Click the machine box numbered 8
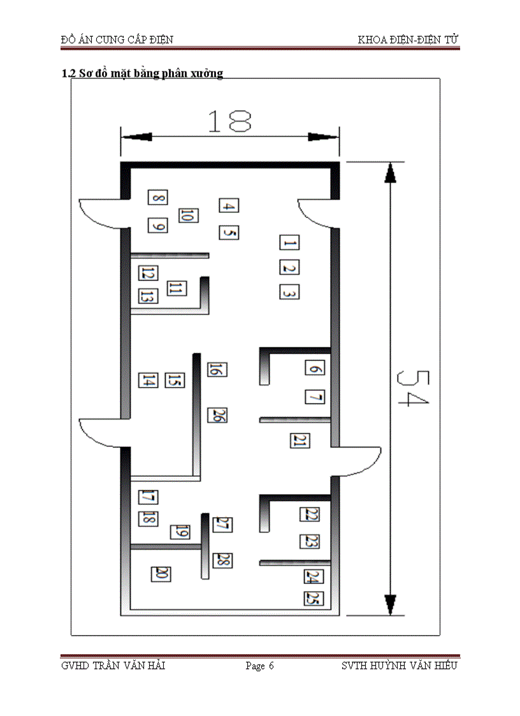pos(157,197)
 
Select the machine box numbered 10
pos(188,215)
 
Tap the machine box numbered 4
pos(229,205)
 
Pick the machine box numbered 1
pos(289,242)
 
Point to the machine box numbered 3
pos(289,292)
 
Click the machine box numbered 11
pos(177,288)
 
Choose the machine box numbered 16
pos(217,369)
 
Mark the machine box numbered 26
pos(217,415)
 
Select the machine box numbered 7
pos(315,397)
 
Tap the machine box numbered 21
pos(300,441)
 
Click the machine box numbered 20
pos(161,574)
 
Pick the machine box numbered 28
pos(222,560)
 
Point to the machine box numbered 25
pos(314,598)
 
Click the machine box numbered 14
pos(148,380)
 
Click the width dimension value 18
pos(229,122)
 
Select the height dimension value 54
pos(413,388)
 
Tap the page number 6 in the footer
pos(271,666)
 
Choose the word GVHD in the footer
pos(75,666)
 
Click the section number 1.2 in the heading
pos(68,73)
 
